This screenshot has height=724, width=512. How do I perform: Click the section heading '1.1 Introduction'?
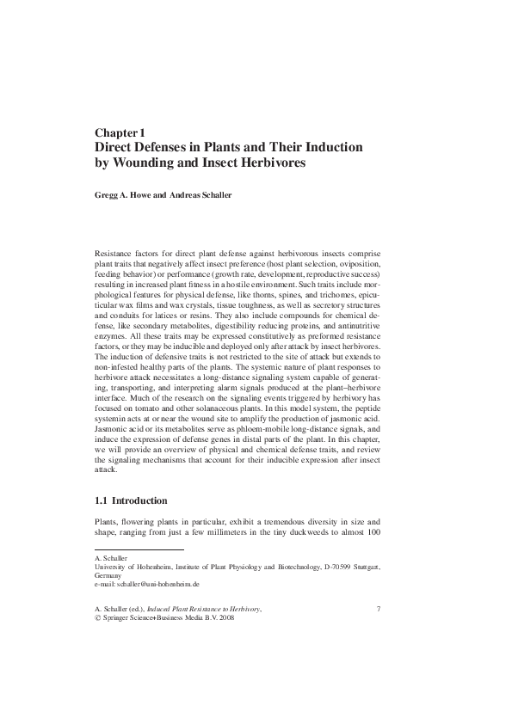click(131, 500)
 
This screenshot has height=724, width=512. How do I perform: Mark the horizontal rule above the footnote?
click(139, 549)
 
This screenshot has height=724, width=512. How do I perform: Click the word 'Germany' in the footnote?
click(108, 575)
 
